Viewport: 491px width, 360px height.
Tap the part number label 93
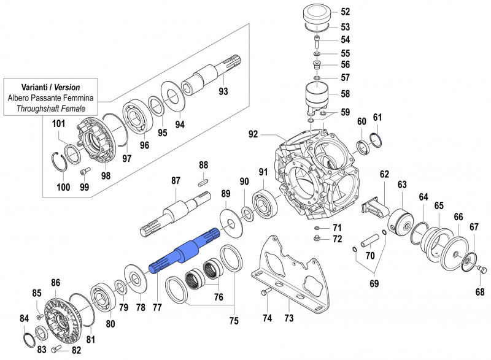(223, 92)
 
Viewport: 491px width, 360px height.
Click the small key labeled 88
(204, 180)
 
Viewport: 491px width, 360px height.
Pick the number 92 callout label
(253, 134)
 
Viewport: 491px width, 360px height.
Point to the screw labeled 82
(59, 349)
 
